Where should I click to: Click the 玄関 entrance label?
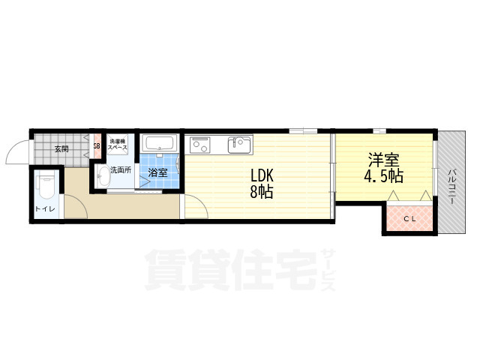click(x=61, y=148)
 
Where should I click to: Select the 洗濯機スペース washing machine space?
click(x=118, y=145)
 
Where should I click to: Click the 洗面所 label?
click(x=121, y=169)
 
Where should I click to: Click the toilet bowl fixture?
click(x=46, y=182)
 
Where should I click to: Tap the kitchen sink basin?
click(x=240, y=142)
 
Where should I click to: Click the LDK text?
click(x=262, y=176)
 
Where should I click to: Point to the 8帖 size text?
click(x=262, y=192)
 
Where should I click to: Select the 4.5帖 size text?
click(x=383, y=177)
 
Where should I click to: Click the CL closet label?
click(x=410, y=218)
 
